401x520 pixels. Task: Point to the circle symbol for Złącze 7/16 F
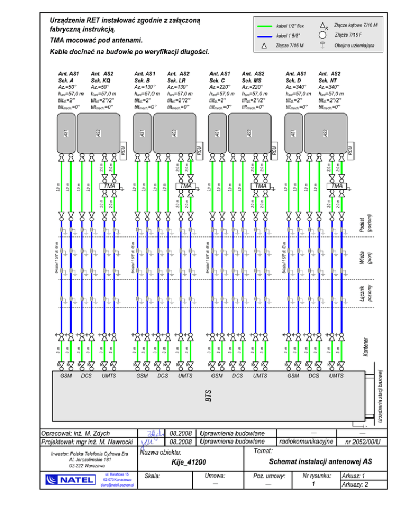[x=322, y=35]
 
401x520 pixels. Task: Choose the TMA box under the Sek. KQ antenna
[x=109, y=186]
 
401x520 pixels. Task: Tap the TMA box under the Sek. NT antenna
[x=337, y=186]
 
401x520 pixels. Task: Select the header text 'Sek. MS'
[x=252, y=81]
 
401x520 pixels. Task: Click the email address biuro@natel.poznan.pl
[x=117, y=485]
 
